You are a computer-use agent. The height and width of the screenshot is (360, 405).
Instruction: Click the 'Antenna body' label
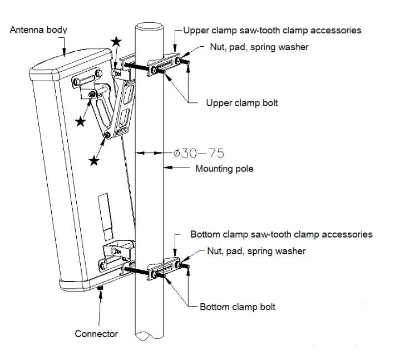38,29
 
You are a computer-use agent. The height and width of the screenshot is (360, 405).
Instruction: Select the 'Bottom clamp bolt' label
237,307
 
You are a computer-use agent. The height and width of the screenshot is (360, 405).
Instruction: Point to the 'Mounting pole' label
224,169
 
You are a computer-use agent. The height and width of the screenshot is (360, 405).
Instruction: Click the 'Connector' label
96,334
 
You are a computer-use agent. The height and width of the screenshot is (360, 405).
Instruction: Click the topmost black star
116,41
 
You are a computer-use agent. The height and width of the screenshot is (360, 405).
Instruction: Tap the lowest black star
95,161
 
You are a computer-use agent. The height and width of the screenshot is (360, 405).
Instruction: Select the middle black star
81,121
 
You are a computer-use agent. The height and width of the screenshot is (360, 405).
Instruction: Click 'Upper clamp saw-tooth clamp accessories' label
272,30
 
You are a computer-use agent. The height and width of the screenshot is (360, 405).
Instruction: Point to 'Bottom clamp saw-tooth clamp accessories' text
281,234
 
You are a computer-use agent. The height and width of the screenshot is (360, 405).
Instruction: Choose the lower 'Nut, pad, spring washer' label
256,251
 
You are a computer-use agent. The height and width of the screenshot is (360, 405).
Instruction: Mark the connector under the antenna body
100,289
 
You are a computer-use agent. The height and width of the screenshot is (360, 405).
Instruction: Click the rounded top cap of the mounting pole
149,27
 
